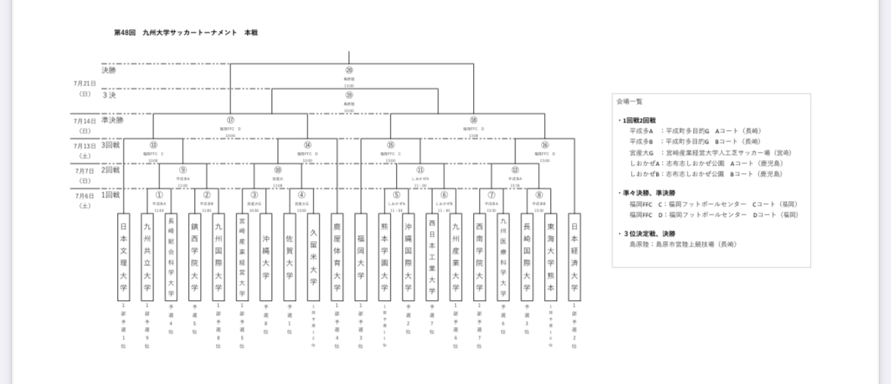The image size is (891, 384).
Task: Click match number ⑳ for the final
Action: click(348, 70)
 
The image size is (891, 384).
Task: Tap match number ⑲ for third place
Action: click(348, 95)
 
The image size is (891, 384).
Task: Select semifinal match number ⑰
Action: click(230, 119)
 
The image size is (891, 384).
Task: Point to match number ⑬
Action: click(153, 144)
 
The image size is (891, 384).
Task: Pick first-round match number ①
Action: click(159, 194)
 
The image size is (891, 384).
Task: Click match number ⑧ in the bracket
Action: click(538, 194)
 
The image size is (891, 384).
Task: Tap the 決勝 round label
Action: click(110, 70)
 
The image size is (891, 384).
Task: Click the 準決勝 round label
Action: click(112, 119)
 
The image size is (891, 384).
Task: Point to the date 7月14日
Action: click(83, 120)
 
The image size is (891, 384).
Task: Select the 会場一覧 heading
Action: click(629, 101)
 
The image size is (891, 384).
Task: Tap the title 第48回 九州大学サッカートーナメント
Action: click(186, 33)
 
